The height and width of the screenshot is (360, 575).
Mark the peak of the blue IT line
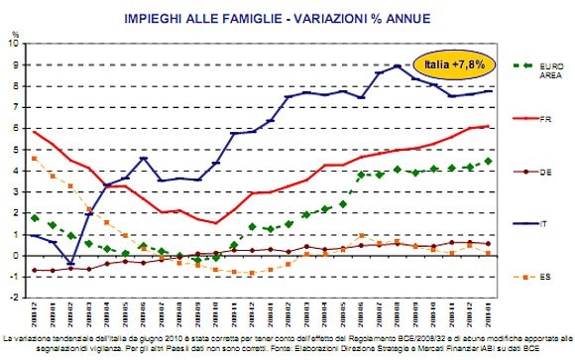(397, 66)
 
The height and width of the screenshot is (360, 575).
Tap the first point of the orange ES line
(36, 159)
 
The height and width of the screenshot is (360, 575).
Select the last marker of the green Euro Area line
(488, 161)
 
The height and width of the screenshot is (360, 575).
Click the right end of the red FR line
(488, 126)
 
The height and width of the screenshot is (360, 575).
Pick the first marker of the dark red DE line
(36, 270)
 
